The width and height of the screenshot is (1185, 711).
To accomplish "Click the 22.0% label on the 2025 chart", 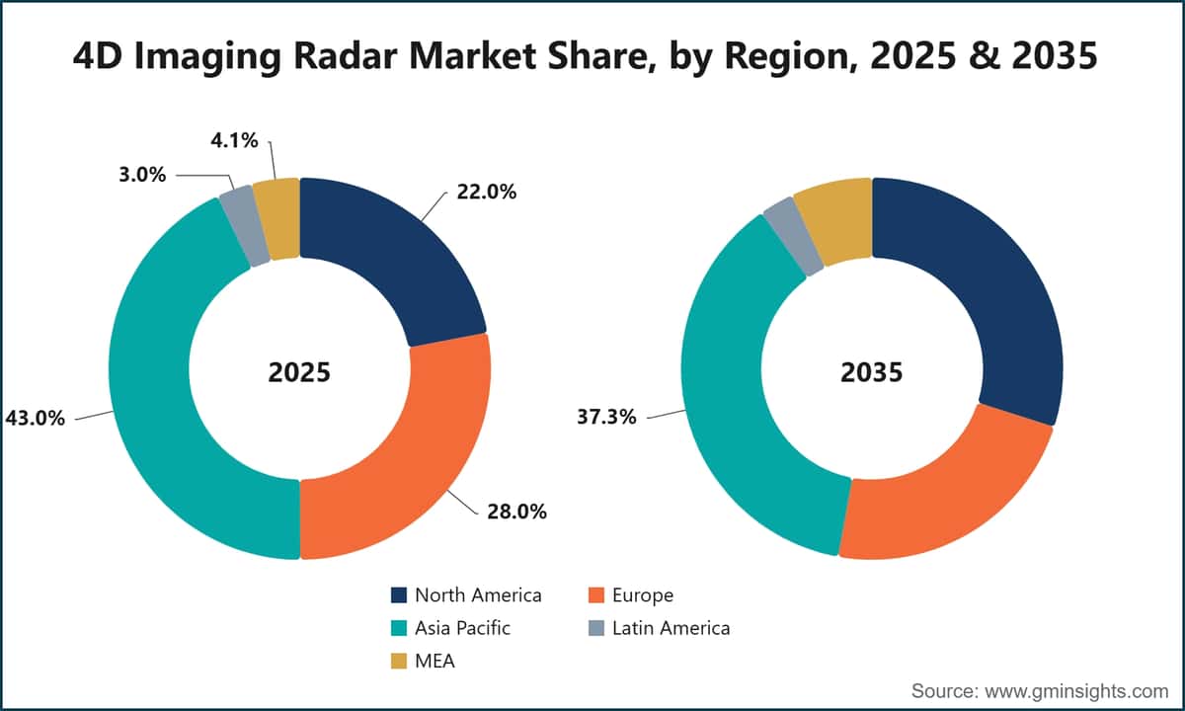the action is (486, 192).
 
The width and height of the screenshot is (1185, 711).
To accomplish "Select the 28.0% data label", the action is (516, 512).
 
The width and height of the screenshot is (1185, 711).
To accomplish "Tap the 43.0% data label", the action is (35, 419).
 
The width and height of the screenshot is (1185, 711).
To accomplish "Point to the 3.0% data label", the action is (142, 175).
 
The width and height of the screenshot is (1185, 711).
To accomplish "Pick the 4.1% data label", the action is (234, 140).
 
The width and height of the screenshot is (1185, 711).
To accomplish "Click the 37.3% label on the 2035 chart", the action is (606, 417).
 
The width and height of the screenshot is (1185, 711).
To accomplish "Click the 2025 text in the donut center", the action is (299, 372).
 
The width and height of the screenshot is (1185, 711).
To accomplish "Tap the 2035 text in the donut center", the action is (872, 372).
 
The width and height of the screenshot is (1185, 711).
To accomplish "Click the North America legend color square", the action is (399, 595).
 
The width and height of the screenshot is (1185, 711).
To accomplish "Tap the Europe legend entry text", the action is (643, 595).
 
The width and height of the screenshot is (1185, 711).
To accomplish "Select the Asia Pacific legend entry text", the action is (462, 628).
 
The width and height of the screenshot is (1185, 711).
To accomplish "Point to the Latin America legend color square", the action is (596, 628).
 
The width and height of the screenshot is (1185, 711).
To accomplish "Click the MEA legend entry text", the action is (434, 662).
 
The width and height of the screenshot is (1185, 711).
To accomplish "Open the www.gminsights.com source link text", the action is (1076, 691).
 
